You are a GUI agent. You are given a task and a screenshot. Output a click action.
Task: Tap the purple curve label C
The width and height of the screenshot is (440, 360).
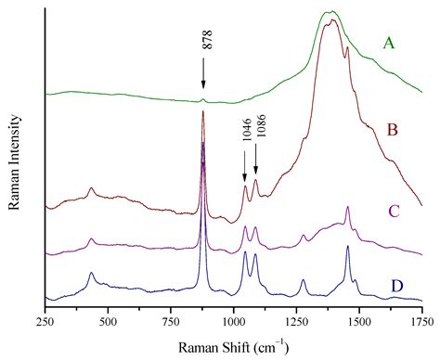(394, 212)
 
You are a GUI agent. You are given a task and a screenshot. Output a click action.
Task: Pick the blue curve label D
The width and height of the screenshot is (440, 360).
(396, 284)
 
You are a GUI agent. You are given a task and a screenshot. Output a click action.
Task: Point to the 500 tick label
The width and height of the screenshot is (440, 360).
(109, 321)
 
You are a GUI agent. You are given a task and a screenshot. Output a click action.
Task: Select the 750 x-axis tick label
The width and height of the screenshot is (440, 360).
(172, 321)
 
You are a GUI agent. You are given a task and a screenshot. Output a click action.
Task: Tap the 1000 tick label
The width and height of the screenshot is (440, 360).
(234, 321)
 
